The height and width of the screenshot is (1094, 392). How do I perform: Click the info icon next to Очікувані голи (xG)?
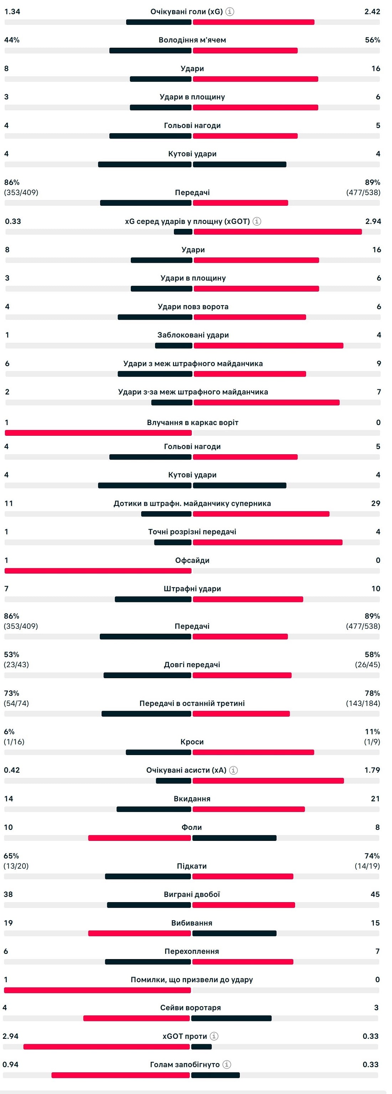click(229, 11)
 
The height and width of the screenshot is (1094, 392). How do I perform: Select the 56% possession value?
click(372, 40)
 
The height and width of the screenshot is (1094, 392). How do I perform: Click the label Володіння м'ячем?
click(192, 40)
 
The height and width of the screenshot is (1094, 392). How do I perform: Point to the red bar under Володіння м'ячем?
click(245, 51)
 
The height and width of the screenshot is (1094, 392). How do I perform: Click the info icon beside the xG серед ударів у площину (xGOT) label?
click(257, 221)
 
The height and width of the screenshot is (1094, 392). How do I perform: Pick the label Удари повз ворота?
click(193, 307)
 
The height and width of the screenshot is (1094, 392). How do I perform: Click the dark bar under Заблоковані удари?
click(174, 346)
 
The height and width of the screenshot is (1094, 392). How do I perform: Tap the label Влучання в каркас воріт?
click(192, 423)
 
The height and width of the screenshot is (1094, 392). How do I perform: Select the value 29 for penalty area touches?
click(375, 503)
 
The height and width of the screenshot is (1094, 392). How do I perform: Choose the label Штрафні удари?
click(192, 588)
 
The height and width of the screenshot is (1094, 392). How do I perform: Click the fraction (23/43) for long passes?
click(16, 665)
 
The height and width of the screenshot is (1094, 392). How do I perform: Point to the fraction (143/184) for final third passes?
click(363, 703)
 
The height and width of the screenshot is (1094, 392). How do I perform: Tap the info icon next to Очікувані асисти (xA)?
click(233, 770)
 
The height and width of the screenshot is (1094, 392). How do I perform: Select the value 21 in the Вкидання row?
click(375, 799)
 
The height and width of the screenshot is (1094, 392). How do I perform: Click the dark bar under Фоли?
click(234, 838)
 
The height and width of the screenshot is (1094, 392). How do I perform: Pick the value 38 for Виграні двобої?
click(9, 894)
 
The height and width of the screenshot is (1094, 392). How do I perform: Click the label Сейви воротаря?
click(190, 1007)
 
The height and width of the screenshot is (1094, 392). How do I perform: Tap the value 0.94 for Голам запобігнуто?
click(11, 1064)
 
